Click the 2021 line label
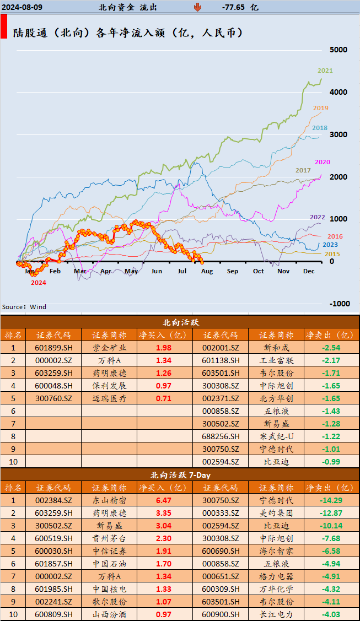coord(325,71)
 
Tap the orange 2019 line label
coord(321,108)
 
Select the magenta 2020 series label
coord(323,162)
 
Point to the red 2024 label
coord(38,283)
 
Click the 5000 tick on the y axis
coord(338,50)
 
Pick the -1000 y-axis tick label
coord(340,304)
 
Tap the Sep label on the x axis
coord(232,271)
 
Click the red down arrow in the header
coord(197,7)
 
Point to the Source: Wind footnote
coord(24,307)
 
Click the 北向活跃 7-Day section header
coord(180,474)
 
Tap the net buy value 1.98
coord(164,348)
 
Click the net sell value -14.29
coord(331,500)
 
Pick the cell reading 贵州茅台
coord(109,538)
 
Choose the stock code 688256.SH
coord(220,436)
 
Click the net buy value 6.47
coord(164,500)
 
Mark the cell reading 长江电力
coord(276,614)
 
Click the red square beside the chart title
coord(4,27)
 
